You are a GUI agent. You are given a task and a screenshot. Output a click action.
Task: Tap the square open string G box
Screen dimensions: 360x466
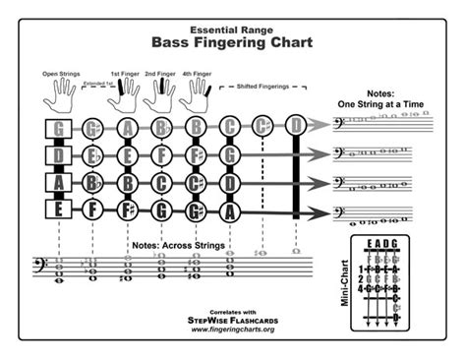(x=60, y=128)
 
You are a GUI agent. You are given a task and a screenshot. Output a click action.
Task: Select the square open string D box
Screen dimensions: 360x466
(x=60, y=154)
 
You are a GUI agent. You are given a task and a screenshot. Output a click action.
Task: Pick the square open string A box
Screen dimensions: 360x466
(x=60, y=181)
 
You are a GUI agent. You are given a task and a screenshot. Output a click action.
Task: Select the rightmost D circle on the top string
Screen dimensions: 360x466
(x=296, y=128)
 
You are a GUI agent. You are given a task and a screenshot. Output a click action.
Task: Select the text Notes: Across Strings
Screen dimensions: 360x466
(x=176, y=243)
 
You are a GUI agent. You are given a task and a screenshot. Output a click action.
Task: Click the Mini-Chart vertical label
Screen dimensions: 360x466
(x=345, y=287)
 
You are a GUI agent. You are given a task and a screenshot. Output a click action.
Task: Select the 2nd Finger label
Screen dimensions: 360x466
(x=160, y=74)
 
